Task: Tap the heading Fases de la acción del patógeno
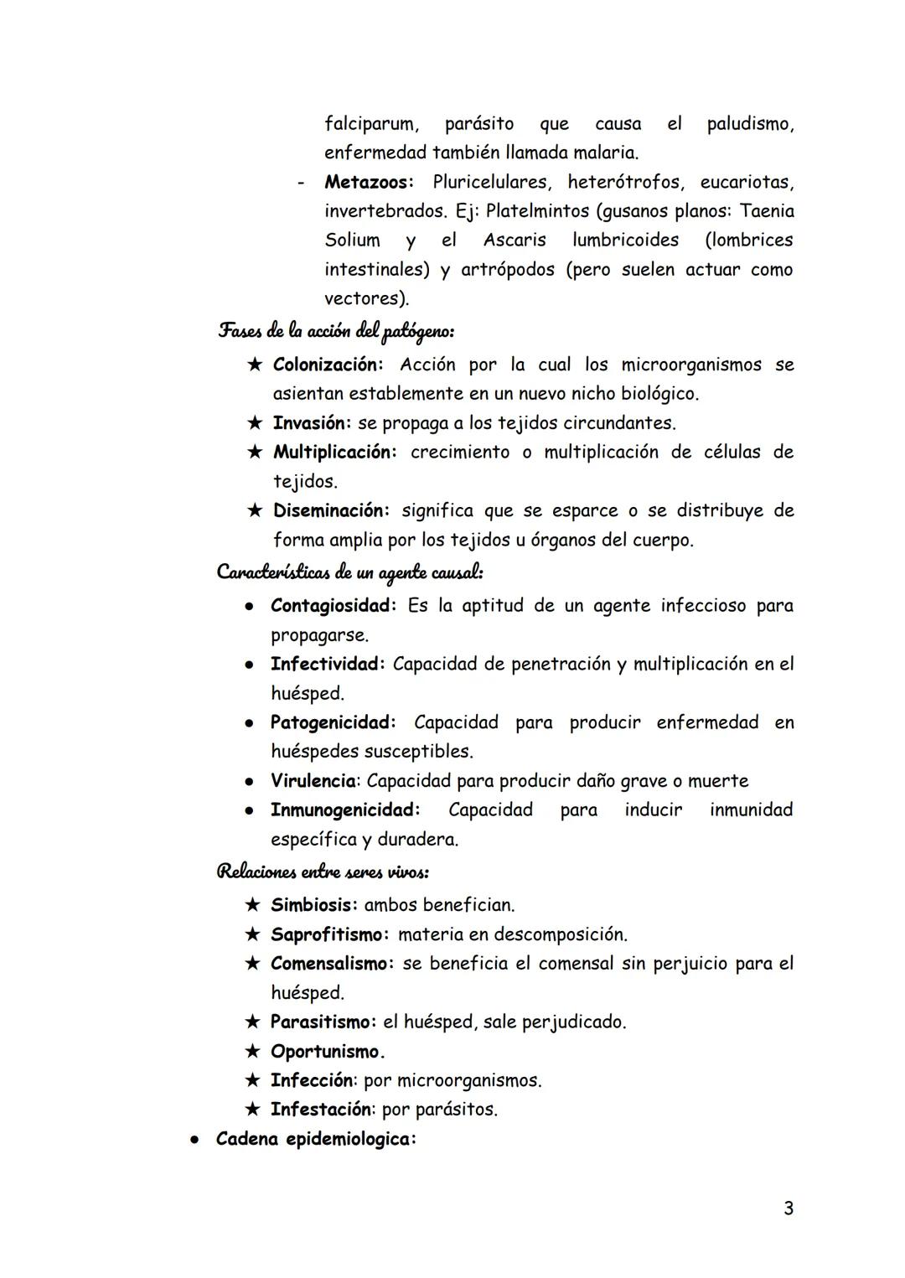336,332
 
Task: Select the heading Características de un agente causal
349,572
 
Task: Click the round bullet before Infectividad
250,665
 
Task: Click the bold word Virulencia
313,781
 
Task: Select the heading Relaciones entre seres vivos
323,872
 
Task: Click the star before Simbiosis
252,905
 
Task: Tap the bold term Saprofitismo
330,934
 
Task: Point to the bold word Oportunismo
327,1051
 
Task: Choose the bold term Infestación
322,1110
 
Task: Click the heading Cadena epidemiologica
315,1141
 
